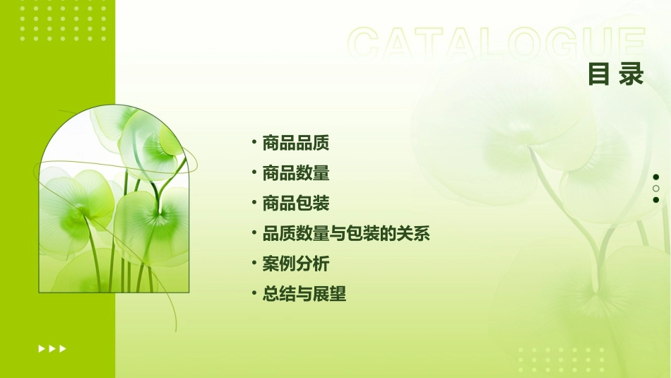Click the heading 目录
[x=616, y=74]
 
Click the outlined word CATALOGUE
[x=497, y=45]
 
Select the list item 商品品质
[x=295, y=143]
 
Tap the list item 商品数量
[x=295, y=173]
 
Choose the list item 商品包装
[x=295, y=203]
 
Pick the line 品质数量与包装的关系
[x=345, y=234]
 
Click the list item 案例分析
[x=295, y=264]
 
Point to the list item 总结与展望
[x=304, y=294]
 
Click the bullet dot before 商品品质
[x=254, y=143]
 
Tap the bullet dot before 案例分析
[x=254, y=264]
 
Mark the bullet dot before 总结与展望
[x=254, y=293]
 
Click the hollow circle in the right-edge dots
[x=656, y=189]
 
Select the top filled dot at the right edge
[x=656, y=177]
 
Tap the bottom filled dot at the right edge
[x=656, y=200]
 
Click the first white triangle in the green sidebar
[x=42, y=348]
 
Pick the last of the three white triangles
[x=63, y=348]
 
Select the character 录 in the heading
[x=631, y=74]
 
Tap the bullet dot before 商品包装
[x=254, y=203]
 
